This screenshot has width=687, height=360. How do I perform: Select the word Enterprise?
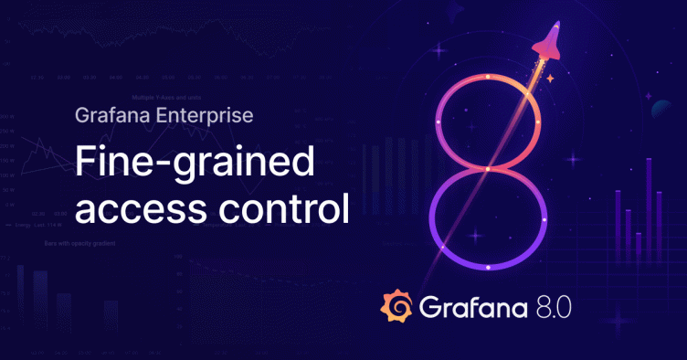[204, 116]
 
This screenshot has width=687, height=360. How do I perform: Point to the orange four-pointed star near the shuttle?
[550, 80]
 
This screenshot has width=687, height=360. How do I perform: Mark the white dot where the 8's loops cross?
[489, 169]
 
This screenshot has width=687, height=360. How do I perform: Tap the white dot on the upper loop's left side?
[440, 122]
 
